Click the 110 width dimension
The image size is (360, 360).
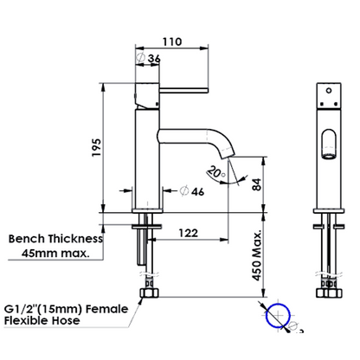(172, 42)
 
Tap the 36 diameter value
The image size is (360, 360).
(154, 59)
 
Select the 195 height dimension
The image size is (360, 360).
(97, 147)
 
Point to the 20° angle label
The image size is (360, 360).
(216, 172)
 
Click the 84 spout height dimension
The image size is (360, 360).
(256, 184)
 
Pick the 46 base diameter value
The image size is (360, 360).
(198, 191)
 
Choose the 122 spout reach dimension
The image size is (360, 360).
(189, 233)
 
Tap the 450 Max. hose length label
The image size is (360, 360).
(257, 255)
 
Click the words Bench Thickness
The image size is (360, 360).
(55, 239)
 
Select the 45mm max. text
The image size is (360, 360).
(55, 254)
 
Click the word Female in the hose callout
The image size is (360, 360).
(107, 309)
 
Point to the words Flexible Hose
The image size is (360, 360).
(42, 320)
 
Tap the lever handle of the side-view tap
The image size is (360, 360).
(183, 91)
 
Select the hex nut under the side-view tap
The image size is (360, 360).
(149, 292)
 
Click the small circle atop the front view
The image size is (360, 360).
(329, 90)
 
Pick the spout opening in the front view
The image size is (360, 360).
(329, 157)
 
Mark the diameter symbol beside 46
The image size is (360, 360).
(184, 191)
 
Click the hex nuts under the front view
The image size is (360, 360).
(329, 292)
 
